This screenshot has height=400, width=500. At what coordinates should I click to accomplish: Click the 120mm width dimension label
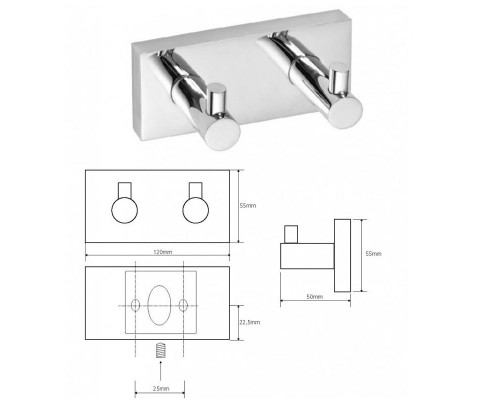click(163, 252)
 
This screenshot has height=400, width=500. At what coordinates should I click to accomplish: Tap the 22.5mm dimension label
click(250, 322)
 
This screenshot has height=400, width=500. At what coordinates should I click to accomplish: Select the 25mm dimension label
click(161, 388)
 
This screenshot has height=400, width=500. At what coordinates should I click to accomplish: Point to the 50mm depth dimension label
click(315, 296)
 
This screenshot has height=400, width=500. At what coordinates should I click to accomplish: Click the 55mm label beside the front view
click(248, 206)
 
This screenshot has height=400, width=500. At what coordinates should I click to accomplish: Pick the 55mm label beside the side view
click(373, 254)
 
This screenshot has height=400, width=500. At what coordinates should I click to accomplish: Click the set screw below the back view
click(160, 350)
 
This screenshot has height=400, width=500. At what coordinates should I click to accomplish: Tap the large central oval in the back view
click(159, 305)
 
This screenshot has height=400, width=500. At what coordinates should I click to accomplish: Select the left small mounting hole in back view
click(135, 305)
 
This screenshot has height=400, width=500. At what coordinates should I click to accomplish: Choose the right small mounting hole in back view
click(183, 305)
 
